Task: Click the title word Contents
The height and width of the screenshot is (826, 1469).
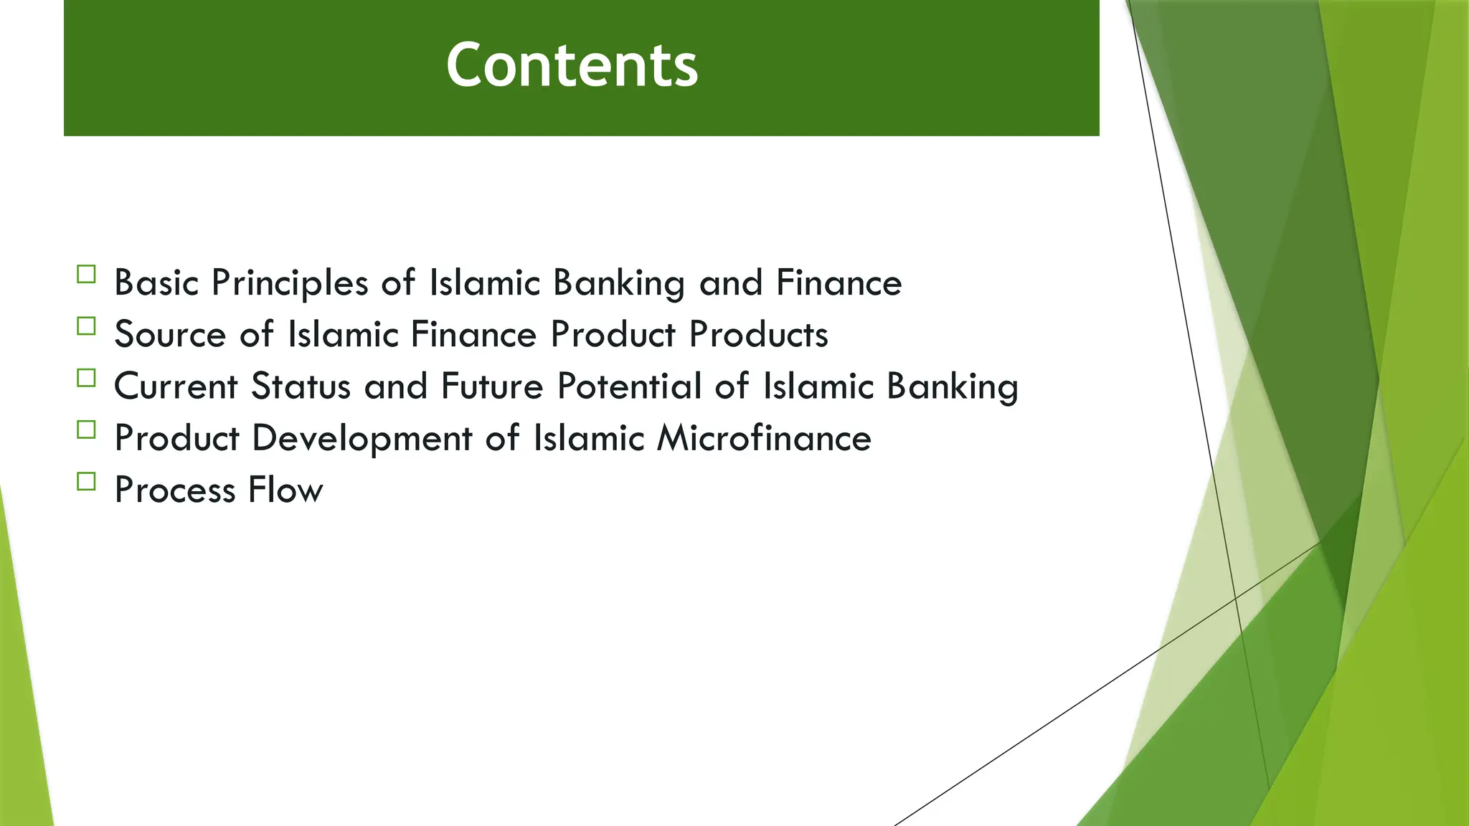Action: pyautogui.click(x=572, y=65)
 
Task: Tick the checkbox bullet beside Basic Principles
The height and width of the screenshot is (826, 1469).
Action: pyautogui.click(x=86, y=275)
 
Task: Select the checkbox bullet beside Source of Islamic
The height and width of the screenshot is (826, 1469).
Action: pyautogui.click(x=86, y=326)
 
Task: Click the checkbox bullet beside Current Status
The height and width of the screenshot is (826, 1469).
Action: pyautogui.click(x=86, y=378)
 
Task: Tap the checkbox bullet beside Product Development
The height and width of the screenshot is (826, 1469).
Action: pyautogui.click(x=86, y=429)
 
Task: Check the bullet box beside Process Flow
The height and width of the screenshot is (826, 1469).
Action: pyautogui.click(x=86, y=481)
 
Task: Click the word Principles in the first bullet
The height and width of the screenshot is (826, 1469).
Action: pyautogui.click(x=290, y=283)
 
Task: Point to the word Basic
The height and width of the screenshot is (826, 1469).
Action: pyautogui.click(x=156, y=283)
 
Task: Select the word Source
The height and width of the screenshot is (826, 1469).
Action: pyautogui.click(x=170, y=335)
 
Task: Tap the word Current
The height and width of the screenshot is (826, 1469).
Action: pyautogui.click(x=176, y=386)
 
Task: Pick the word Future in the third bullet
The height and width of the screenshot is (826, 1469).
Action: pyautogui.click(x=492, y=386)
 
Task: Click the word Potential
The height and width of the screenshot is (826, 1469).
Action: pyautogui.click(x=629, y=386)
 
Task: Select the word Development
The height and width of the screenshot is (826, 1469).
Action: pyautogui.click(x=362, y=439)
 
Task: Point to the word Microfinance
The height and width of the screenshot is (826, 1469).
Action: pyautogui.click(x=764, y=438)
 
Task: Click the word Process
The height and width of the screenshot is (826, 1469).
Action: pyautogui.click(x=175, y=490)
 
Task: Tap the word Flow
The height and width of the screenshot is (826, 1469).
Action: pyautogui.click(x=285, y=490)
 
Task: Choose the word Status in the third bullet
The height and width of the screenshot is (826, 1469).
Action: pyautogui.click(x=301, y=386)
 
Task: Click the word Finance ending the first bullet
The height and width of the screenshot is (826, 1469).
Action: pyautogui.click(x=839, y=283)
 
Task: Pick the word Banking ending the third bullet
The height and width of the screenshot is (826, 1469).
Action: pyautogui.click(x=952, y=387)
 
